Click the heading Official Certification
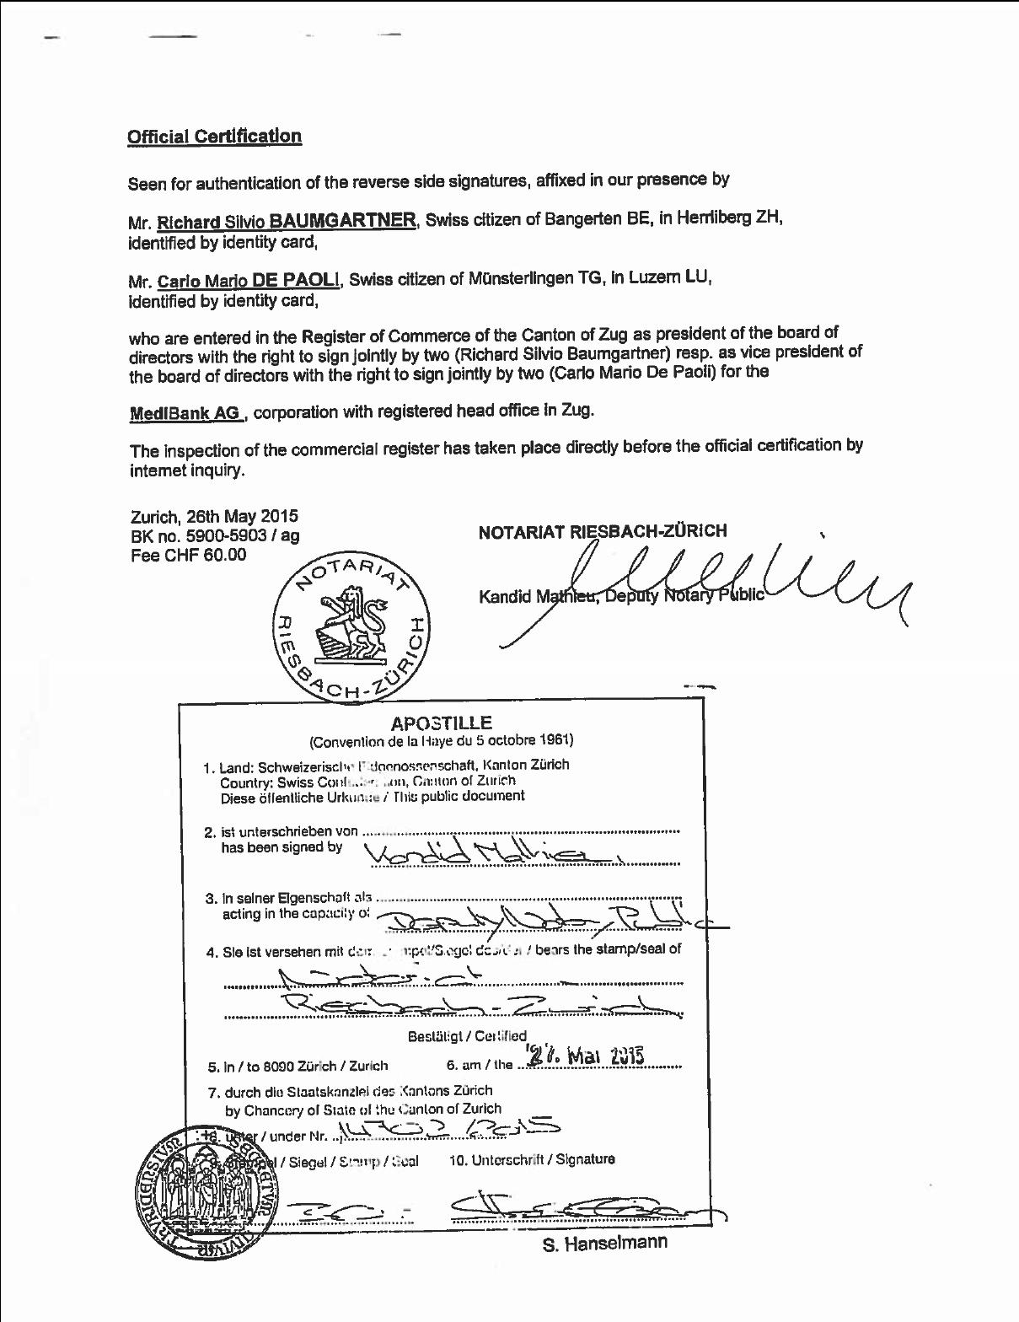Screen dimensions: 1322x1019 click(214, 137)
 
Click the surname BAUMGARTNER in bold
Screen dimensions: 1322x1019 click(344, 221)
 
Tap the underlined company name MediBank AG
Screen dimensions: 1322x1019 click(185, 413)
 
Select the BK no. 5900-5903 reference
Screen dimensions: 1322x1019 click(214, 535)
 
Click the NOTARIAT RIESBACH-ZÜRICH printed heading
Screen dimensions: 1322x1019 click(602, 531)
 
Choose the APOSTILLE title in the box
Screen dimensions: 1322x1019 click(441, 723)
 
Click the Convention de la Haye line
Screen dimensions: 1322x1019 click(441, 741)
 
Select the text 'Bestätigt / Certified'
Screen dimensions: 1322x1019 click(467, 1035)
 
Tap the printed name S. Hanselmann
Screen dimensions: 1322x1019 click(604, 1244)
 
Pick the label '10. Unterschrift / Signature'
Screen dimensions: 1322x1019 click(532, 1159)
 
